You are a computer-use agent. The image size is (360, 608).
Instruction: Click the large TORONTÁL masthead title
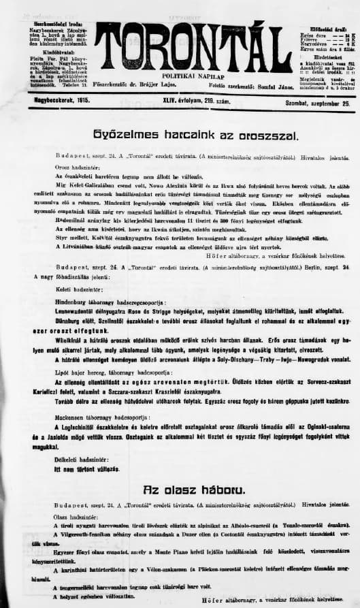click(x=186, y=45)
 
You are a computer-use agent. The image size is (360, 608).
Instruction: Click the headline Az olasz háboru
click(x=180, y=489)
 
